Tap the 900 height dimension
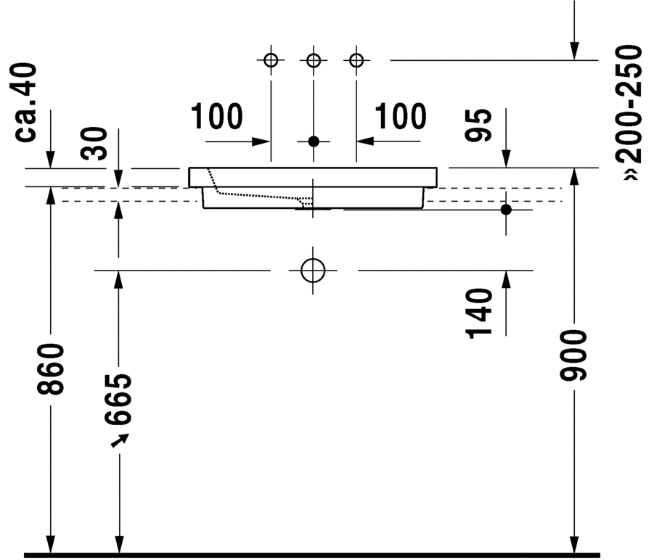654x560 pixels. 574,355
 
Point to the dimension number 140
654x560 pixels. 480,313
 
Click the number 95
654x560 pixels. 480,125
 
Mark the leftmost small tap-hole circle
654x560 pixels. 271,59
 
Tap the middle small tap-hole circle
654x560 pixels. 314,59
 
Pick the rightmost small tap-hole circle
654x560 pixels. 356,59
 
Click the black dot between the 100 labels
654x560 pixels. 314,141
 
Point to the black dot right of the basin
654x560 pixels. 506,210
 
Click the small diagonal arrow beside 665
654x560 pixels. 120,439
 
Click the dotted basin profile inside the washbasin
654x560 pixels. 254,194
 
